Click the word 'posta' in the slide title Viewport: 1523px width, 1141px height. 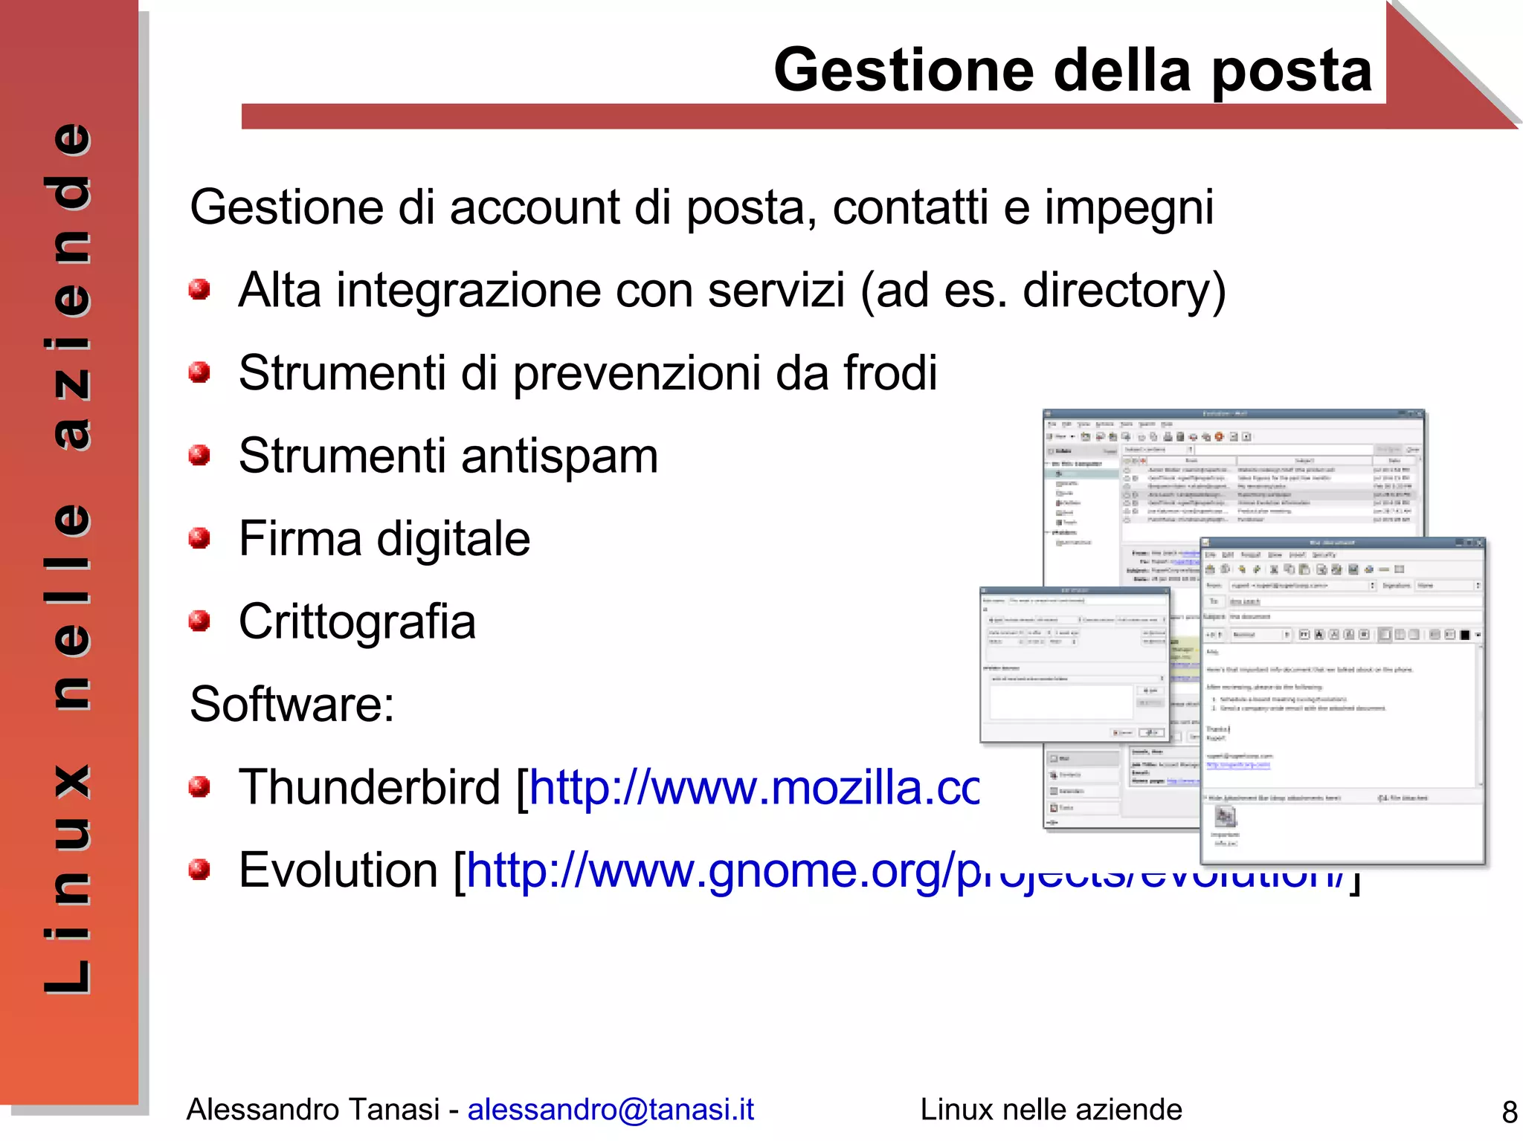pos(1292,71)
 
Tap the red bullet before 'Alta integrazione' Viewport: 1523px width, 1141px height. pos(199,289)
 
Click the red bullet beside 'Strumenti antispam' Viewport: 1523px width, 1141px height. pos(199,455)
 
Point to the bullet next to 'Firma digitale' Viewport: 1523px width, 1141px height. pos(199,537)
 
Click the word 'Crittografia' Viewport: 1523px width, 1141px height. pos(357,621)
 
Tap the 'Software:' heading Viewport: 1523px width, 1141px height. pos(292,704)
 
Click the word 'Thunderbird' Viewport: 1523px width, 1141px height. pos(370,787)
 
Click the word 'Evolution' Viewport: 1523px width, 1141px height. pos(338,870)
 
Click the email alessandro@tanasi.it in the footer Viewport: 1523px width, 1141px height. pos(611,1109)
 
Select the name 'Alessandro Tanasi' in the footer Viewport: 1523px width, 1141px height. pos(312,1109)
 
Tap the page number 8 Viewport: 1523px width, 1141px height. pos(1509,1112)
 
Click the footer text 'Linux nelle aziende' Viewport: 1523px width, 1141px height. pos(1051,1109)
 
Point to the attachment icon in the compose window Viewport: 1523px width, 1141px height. pos(1225,818)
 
